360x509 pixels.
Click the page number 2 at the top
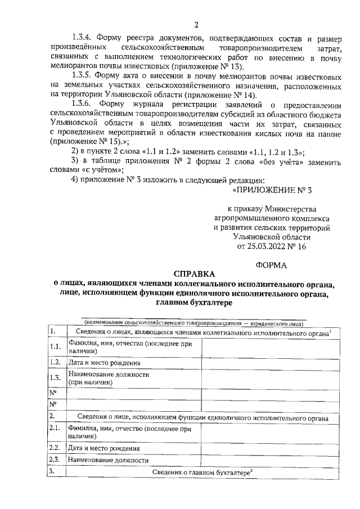[x=196, y=24]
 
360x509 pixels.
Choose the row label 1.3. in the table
[x=56, y=377]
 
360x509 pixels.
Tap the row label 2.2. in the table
[x=56, y=448]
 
